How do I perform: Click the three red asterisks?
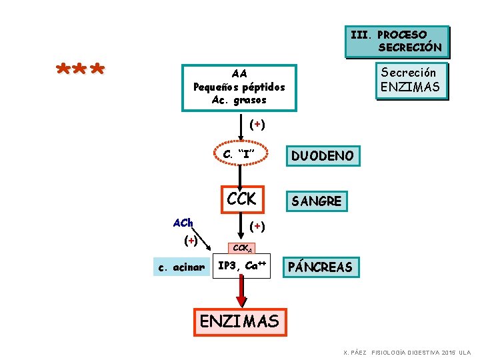click(x=81, y=70)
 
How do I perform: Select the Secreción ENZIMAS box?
click(x=411, y=80)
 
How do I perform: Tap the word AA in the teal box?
click(x=239, y=74)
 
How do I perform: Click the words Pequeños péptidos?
click(x=239, y=87)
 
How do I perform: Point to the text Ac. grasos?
click(x=239, y=100)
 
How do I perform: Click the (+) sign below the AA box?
click(x=257, y=124)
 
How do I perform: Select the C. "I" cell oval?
click(x=241, y=155)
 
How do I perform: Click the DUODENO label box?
click(x=323, y=156)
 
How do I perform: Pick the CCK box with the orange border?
click(x=241, y=199)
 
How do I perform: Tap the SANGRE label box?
click(x=317, y=201)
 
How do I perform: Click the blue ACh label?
click(x=183, y=222)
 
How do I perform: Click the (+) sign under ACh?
click(x=191, y=239)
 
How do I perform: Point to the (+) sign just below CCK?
click(x=257, y=226)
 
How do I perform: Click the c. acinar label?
click(x=180, y=267)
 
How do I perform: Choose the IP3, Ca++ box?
click(x=242, y=266)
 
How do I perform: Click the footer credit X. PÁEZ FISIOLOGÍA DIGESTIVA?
click(x=407, y=352)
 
